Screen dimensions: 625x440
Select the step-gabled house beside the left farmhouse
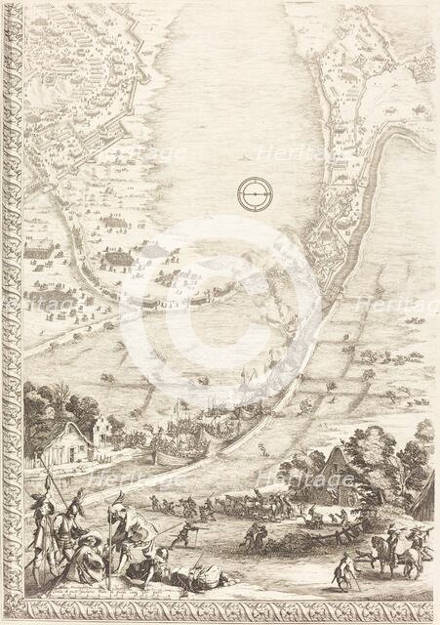point(103,430)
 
